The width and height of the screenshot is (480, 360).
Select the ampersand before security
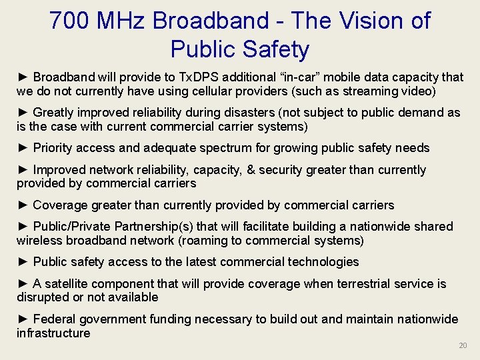(251, 170)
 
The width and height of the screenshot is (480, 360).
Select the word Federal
(55, 319)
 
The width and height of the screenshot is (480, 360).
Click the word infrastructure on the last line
(53, 333)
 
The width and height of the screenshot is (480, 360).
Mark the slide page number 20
(463, 345)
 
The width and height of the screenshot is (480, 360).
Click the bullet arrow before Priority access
(23, 148)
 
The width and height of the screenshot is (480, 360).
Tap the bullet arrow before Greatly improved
(23, 113)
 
